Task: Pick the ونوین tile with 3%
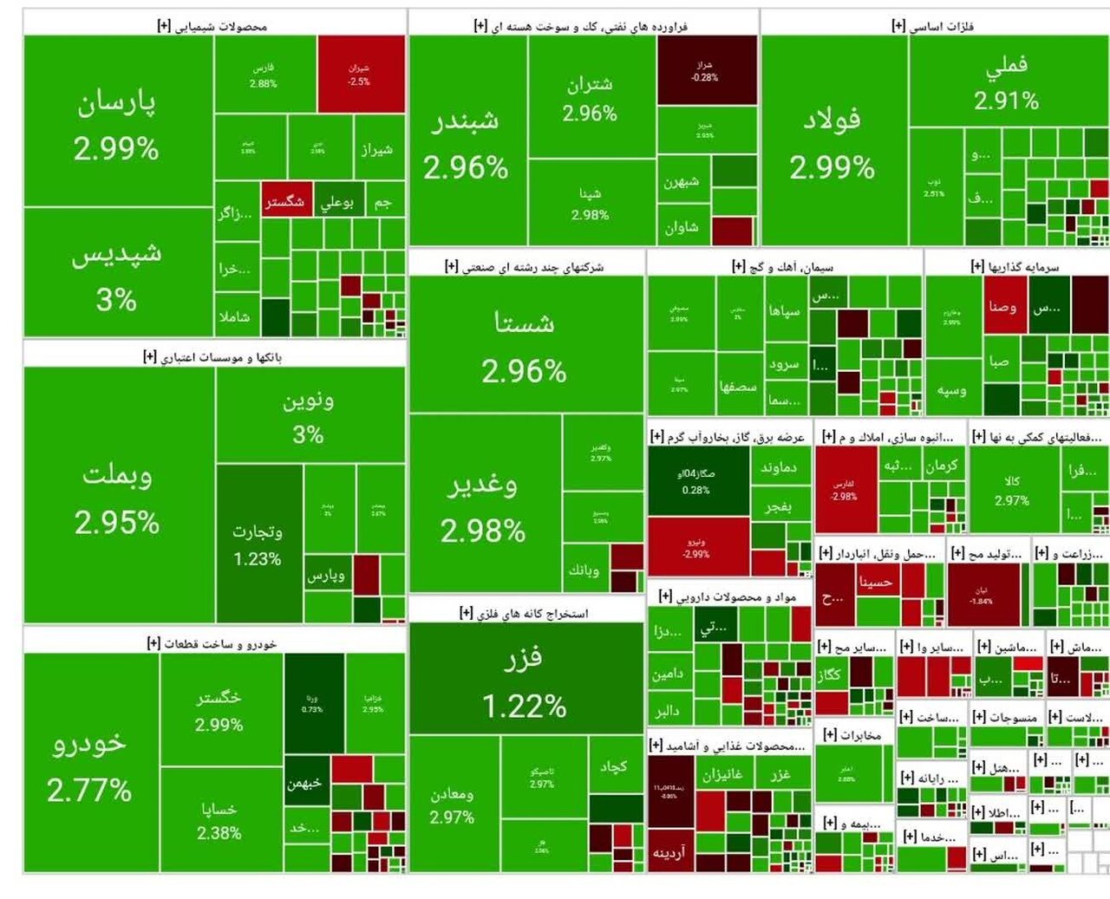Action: click(x=309, y=416)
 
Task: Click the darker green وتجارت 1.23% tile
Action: click(x=258, y=544)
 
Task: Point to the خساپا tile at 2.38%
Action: click(x=219, y=819)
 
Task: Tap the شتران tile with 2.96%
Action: click(x=590, y=97)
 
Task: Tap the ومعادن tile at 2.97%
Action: click(x=453, y=804)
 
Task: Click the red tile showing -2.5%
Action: click(x=360, y=75)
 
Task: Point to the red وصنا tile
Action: click(x=1003, y=306)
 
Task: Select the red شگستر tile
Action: click(x=285, y=201)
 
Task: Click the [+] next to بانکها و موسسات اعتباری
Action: click(x=150, y=356)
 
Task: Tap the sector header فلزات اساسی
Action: click(x=942, y=26)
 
